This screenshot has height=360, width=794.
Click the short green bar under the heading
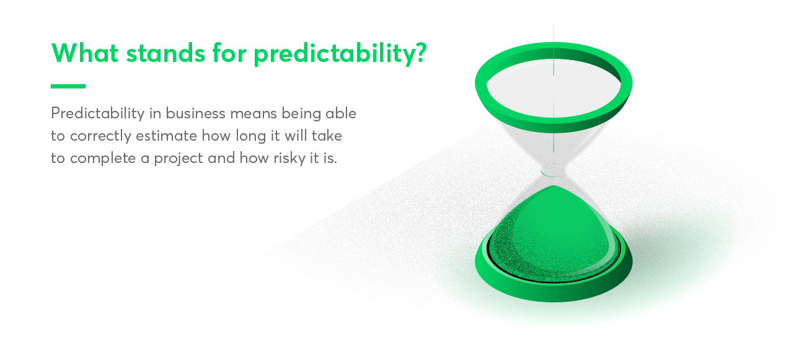pos(68,86)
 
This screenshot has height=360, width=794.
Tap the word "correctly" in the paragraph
pos(100,136)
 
